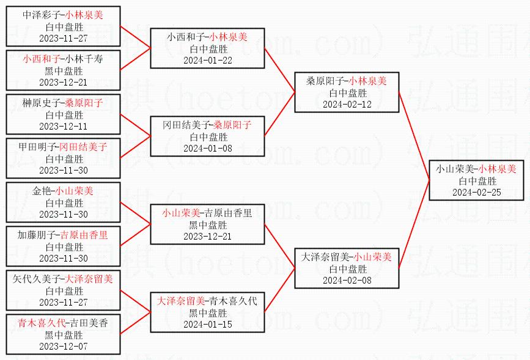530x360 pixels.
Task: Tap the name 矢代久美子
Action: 36,279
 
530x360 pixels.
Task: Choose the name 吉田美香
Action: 89,323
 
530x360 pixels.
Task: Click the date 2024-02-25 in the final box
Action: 476,192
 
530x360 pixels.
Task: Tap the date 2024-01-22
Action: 208,60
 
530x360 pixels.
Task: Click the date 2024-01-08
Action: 208,148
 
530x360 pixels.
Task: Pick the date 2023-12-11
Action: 63,126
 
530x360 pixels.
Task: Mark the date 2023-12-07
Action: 63,346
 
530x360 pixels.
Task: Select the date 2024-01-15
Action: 208,324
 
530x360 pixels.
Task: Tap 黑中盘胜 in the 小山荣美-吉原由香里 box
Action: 208,225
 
